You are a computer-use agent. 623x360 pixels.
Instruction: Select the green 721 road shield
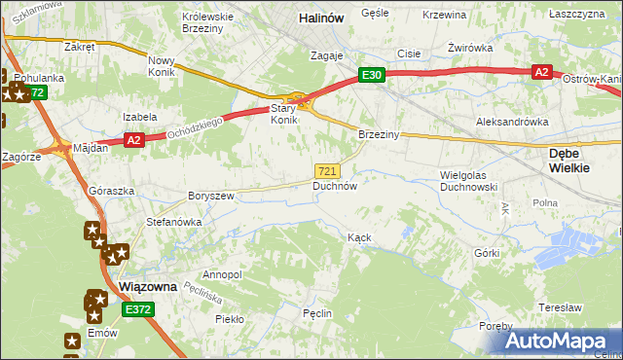click(328, 170)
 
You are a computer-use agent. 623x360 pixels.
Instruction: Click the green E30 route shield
click(372, 74)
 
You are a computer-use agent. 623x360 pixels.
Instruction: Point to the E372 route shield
click(138, 308)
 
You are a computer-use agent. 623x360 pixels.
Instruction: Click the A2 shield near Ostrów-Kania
click(542, 72)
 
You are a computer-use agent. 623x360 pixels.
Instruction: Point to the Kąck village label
click(360, 237)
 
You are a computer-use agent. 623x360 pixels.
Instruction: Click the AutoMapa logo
click(558, 342)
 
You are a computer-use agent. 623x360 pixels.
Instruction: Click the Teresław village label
click(559, 306)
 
